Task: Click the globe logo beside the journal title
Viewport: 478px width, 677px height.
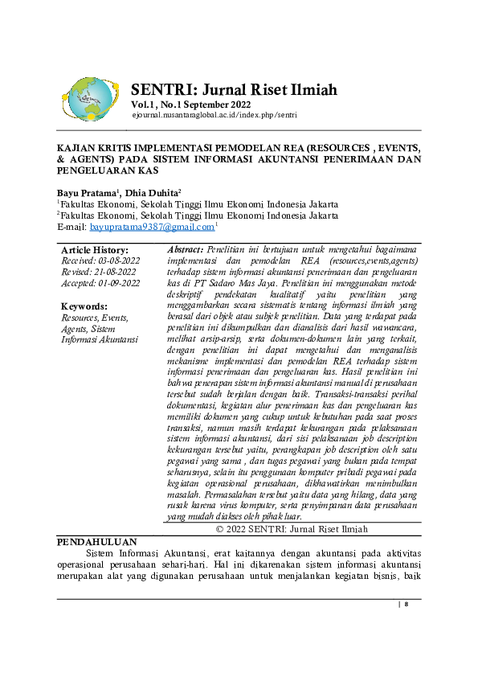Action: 90,99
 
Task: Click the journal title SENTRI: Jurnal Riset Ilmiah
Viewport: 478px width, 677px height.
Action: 233,88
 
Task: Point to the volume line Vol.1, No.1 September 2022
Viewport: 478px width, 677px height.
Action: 191,105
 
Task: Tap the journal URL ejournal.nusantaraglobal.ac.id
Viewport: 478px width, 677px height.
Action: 214,116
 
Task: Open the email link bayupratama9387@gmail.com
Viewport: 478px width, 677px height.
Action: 150,228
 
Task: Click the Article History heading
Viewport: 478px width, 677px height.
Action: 94,250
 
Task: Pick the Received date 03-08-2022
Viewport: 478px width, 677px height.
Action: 100,261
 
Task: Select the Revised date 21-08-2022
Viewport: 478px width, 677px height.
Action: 98,273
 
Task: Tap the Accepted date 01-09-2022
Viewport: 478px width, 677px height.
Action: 100,283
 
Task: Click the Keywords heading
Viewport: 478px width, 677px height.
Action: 84,306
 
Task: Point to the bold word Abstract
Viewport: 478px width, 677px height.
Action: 184,250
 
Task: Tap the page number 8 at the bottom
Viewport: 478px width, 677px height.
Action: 406,604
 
